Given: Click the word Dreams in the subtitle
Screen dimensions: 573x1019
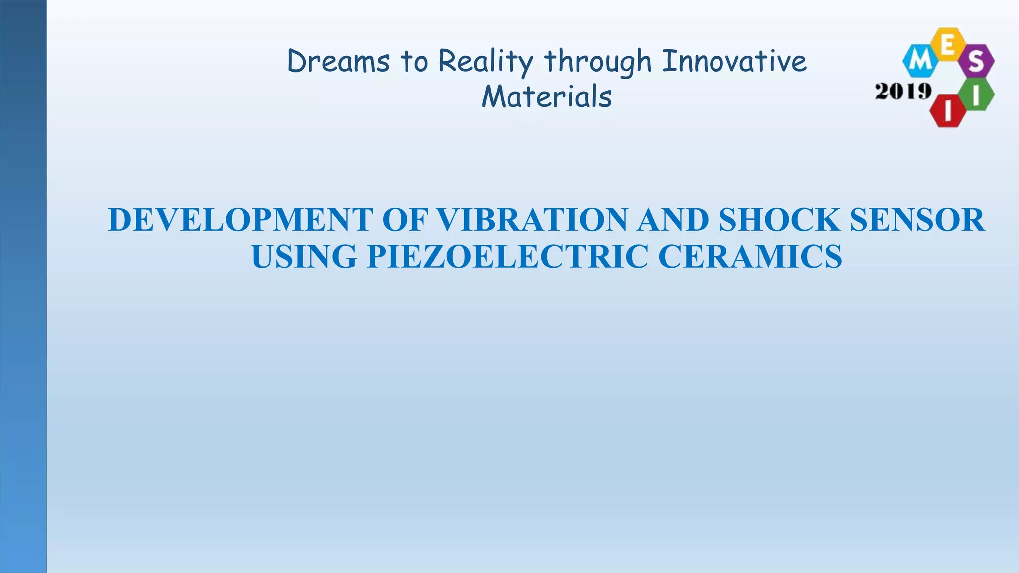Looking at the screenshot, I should point(338,62).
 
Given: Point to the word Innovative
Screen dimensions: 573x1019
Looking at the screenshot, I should point(734,61).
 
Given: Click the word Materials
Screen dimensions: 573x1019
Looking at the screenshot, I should point(546,96).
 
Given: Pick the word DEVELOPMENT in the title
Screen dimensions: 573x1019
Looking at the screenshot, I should point(240,220).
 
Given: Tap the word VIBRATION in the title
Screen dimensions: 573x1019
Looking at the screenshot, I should point(532,220).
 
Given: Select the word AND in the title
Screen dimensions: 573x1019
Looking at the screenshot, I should point(673,220).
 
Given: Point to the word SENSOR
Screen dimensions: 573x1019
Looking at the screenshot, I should point(917,220).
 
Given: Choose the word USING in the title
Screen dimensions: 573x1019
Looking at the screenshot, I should point(304,257).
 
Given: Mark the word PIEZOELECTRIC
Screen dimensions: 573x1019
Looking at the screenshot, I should point(508,257).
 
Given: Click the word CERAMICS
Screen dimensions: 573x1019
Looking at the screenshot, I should point(750,257).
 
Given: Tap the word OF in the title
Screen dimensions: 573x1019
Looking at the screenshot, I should point(404,220).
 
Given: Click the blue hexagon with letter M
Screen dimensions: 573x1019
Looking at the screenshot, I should point(920,61).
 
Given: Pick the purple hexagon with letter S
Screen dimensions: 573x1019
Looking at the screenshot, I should point(976,61).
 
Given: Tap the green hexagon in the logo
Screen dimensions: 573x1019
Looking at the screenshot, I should point(977,95).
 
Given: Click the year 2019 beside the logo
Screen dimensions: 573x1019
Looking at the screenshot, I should point(903,92).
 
